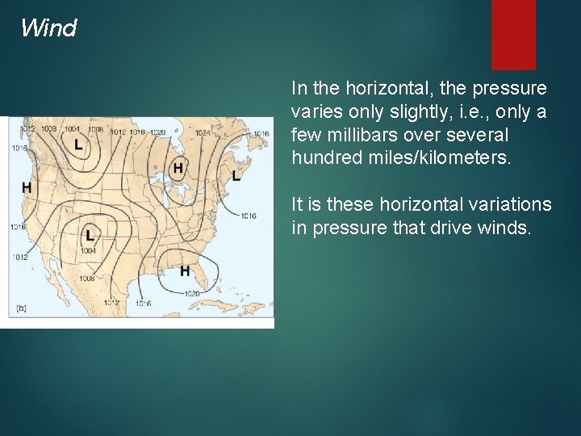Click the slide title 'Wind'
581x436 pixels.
[x=48, y=28]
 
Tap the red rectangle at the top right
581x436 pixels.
[x=513, y=34]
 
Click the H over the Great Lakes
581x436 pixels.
[x=178, y=168]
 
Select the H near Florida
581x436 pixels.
[x=185, y=270]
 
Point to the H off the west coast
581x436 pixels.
[x=27, y=187]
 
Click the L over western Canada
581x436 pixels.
[x=77, y=145]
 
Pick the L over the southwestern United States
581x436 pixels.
[x=89, y=235]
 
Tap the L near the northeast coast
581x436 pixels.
[x=236, y=175]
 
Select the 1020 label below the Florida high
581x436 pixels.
[x=192, y=293]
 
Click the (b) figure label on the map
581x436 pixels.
[x=22, y=308]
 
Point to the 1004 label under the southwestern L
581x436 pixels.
[x=89, y=250]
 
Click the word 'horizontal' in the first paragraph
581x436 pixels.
[x=374, y=87]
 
